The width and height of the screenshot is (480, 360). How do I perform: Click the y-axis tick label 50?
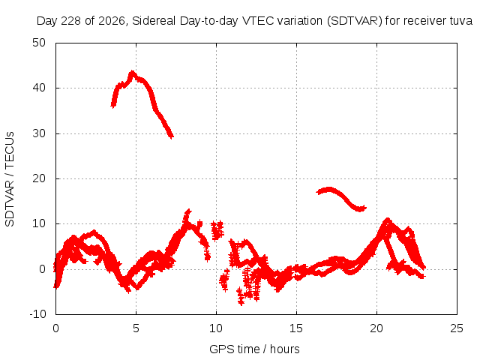pyautogui.click(x=39, y=43)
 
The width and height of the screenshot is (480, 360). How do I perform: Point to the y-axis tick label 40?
pyautogui.click(x=39, y=88)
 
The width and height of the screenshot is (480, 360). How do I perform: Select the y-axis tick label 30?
pyautogui.click(x=39, y=133)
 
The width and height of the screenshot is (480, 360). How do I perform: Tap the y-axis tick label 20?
pyautogui.click(x=39, y=178)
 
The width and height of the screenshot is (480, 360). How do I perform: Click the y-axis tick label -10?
pyautogui.click(x=37, y=314)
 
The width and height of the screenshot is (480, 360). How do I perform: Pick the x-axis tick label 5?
pyautogui.click(x=136, y=328)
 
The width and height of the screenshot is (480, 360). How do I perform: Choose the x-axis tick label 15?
pyautogui.click(x=296, y=328)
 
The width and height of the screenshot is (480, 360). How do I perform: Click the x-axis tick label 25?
pyautogui.click(x=457, y=328)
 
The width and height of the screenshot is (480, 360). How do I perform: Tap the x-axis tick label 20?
pyautogui.click(x=376, y=328)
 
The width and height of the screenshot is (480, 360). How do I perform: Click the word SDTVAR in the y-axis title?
pyautogui.click(x=10, y=203)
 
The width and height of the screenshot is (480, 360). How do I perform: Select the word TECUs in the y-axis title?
pyautogui.click(x=10, y=150)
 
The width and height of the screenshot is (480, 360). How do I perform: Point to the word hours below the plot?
pyautogui.click(x=284, y=349)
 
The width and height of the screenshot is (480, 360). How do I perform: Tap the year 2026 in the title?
pyautogui.click(x=111, y=21)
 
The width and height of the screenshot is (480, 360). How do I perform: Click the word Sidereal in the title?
pyautogui.click(x=154, y=21)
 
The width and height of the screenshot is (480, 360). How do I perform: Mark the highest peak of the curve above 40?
pyautogui.click(x=132, y=72)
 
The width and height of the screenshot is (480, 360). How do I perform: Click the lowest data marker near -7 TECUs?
pyautogui.click(x=241, y=303)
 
